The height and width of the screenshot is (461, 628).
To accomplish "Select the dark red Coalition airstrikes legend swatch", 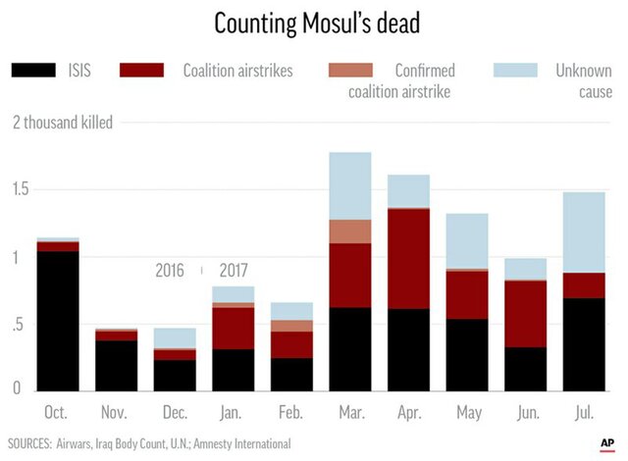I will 141,71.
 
